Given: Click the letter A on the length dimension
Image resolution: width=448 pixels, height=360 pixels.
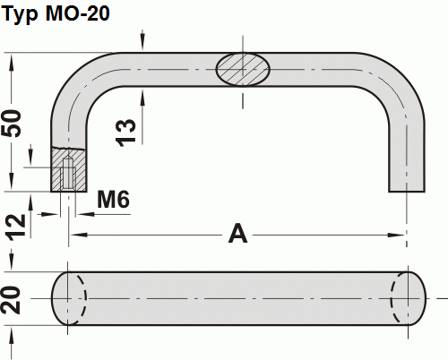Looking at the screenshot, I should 237,234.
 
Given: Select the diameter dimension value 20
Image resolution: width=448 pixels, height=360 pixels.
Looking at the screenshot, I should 11,297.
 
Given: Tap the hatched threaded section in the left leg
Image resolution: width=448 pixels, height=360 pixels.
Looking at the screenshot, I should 68,167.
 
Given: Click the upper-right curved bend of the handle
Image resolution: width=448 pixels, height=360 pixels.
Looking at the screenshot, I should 394,81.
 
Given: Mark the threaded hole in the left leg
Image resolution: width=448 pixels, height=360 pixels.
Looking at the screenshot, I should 68,174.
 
